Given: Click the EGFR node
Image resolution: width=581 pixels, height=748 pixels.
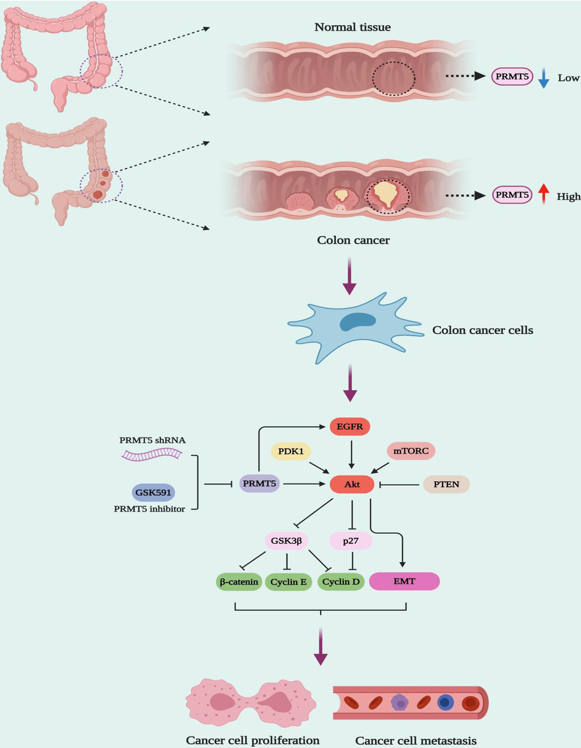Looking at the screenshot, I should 350,426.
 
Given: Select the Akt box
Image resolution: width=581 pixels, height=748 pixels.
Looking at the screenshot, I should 352,484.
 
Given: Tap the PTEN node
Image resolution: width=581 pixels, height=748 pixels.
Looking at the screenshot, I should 446,484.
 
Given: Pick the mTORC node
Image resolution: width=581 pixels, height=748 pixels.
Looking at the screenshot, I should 411,451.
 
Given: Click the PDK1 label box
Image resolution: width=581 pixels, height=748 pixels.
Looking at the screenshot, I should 291,452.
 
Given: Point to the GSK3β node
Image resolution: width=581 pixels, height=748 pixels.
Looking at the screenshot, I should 287,541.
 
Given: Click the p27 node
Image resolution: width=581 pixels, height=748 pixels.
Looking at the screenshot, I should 351,541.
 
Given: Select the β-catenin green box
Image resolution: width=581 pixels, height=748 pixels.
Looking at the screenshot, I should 239,582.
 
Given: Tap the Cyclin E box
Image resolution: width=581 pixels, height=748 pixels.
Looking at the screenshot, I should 289,582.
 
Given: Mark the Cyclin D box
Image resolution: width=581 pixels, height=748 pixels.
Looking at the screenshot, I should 341,582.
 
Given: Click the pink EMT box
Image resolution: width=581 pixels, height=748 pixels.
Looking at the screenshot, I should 404,582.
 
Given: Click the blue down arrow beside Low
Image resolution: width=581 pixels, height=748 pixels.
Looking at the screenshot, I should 543,78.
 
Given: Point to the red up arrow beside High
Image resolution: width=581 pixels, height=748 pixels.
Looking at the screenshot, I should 543,194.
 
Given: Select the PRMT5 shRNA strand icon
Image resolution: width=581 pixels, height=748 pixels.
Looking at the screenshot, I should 152,454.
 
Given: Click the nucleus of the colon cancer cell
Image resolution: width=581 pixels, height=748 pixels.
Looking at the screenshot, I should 358,322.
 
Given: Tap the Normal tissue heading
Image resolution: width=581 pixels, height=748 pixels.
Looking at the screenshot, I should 353,27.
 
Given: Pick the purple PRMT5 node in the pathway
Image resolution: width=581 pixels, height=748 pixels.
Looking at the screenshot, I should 259,484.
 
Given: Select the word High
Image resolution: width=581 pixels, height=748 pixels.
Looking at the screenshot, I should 568,197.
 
